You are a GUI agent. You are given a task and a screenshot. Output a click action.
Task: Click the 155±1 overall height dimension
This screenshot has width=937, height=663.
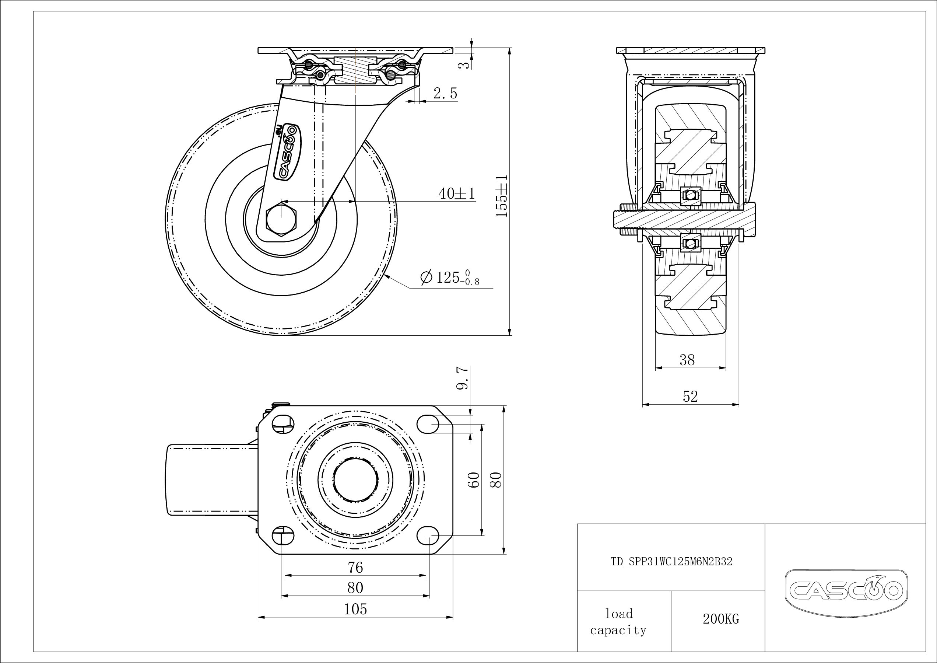click(x=502, y=196)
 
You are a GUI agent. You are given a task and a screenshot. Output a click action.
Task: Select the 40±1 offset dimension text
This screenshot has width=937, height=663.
click(x=457, y=193)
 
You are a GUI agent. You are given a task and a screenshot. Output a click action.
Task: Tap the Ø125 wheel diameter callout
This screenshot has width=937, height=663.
click(x=450, y=278)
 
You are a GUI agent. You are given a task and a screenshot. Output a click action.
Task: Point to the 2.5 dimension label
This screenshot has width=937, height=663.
click(x=445, y=94)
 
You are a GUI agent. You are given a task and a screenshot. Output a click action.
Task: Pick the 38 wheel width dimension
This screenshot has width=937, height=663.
click(x=687, y=360)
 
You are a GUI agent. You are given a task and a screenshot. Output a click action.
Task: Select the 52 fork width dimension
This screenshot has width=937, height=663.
click(x=690, y=396)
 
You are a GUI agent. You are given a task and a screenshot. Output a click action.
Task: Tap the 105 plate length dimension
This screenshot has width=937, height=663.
click(x=355, y=609)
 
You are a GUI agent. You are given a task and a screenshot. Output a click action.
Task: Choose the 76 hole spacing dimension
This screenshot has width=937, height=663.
click(x=355, y=568)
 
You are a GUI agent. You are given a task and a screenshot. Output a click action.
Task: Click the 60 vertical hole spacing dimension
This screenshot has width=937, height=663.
click(x=475, y=480)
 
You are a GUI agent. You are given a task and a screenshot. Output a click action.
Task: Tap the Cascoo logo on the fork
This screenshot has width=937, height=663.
click(x=288, y=151)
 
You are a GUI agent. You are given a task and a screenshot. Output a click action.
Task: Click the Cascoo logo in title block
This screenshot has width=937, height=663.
click(x=846, y=591)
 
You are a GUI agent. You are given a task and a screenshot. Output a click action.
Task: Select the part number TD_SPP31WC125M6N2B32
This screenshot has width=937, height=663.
click(x=671, y=562)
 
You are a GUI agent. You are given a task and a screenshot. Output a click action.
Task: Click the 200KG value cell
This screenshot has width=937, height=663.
click(x=721, y=619)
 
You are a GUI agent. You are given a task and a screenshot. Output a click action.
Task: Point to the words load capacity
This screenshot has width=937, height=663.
click(x=618, y=622)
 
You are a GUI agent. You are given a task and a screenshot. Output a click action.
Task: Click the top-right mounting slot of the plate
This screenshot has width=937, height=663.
click(x=428, y=425)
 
